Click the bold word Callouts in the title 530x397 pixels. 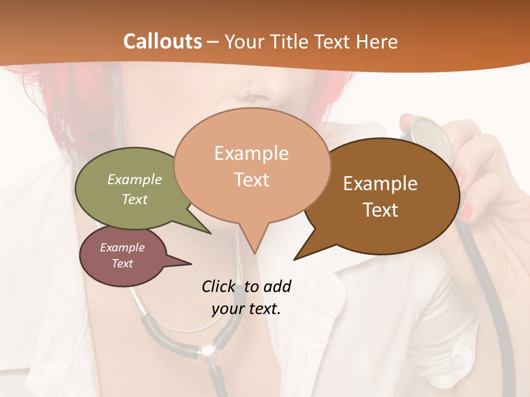tap(162, 41)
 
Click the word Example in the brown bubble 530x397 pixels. tap(380, 184)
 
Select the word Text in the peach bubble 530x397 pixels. tap(252, 180)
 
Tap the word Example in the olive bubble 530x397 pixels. tap(135, 180)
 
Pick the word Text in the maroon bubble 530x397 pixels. tap(123, 264)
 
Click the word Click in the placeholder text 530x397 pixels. tap(219, 286)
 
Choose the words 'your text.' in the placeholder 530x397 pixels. tap(246, 309)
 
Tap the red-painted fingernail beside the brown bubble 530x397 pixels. tap(467, 211)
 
